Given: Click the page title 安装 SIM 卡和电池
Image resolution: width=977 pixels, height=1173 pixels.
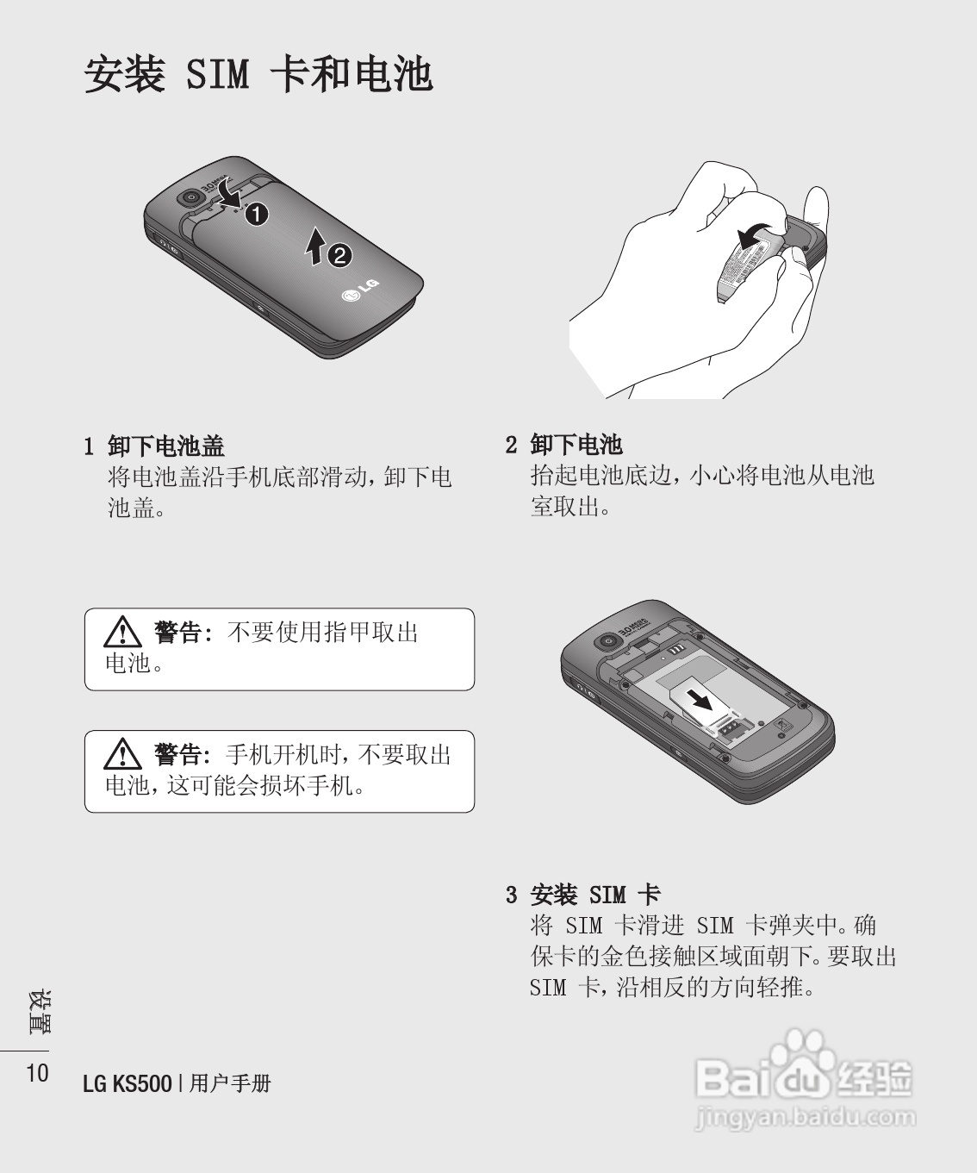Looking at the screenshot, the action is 258,74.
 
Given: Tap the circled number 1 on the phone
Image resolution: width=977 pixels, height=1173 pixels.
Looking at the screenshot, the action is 257,214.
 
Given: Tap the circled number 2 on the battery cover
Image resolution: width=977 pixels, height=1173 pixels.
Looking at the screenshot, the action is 339,256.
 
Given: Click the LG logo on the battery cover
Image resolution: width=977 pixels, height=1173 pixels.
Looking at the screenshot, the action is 360,290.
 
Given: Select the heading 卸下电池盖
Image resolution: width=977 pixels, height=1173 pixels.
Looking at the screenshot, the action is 166,446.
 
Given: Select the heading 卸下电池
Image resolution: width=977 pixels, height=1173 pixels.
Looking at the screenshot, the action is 576,445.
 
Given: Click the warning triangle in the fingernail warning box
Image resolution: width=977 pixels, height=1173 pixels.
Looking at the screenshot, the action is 122,632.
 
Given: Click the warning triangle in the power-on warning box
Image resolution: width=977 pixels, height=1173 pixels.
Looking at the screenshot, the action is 122,754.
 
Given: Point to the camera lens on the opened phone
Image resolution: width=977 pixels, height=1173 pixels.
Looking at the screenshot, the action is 608,641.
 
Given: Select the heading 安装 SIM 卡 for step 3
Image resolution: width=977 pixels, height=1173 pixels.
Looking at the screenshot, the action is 595,895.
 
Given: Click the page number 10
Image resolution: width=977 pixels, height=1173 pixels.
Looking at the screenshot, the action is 38,1072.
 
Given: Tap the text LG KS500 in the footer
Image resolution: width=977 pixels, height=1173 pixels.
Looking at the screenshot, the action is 128,1083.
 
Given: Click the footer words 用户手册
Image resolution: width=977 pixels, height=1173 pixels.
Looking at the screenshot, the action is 230,1083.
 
